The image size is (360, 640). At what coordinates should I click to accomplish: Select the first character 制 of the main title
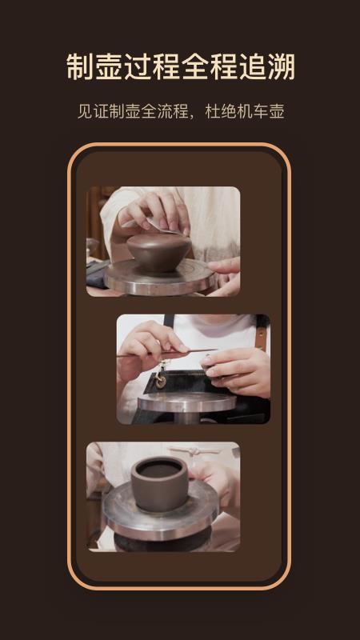point(80,66)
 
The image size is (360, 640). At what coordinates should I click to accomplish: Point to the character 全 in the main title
point(194,66)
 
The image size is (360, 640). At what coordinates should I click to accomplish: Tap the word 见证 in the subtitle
point(93,111)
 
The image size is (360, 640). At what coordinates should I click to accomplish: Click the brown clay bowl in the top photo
point(158,252)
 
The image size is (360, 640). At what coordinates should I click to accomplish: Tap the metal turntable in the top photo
point(160,278)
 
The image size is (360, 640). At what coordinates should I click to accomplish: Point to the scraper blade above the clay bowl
point(162,227)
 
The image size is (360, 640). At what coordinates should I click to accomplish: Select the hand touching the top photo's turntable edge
point(225,274)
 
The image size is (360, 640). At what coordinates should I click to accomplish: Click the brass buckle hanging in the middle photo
point(161,375)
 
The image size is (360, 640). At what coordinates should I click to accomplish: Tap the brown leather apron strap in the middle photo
point(262,333)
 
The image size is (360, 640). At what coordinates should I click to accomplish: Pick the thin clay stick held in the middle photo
point(166,352)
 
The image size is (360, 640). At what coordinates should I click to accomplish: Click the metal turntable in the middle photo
point(187,403)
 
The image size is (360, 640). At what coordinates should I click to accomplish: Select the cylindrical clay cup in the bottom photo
point(159,484)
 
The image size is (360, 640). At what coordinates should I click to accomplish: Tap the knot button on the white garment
point(195,451)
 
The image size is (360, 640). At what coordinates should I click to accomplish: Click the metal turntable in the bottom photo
point(161,510)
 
